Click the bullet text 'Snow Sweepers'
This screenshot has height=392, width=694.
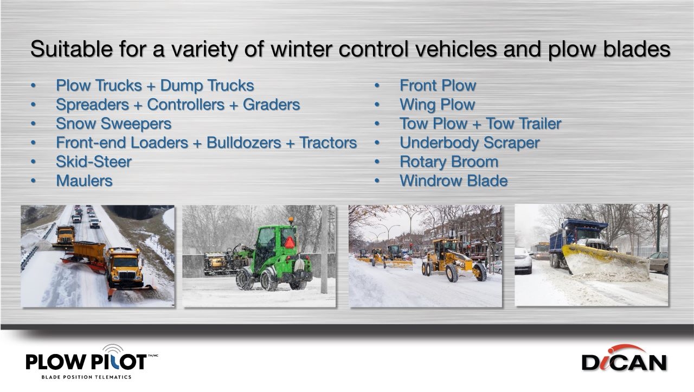[113, 124]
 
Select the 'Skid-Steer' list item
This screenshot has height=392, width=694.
[93, 162]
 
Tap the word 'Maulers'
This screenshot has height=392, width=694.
[84, 181]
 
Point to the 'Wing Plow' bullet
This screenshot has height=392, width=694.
[437, 105]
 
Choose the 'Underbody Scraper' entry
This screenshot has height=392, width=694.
[469, 143]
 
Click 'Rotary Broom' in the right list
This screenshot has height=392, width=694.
[448, 162]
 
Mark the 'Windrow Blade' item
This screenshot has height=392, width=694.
[453, 181]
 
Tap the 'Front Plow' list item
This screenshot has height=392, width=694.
[438, 86]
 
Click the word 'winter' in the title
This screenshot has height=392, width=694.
[301, 49]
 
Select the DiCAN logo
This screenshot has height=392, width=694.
[624, 359]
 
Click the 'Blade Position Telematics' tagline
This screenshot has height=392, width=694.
[86, 377]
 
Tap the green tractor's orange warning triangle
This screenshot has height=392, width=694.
[290, 242]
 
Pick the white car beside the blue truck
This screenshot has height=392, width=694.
[523, 261]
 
